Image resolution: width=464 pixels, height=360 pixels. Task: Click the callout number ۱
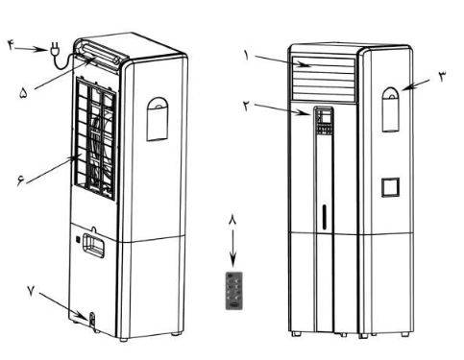click(246, 56)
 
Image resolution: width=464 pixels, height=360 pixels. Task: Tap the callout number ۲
click(246, 106)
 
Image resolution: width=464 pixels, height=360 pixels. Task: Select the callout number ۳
click(442, 77)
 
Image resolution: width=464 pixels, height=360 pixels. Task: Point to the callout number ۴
click(11, 45)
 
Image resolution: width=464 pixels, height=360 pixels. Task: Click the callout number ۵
click(23, 93)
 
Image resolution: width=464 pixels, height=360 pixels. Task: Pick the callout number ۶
click(20, 181)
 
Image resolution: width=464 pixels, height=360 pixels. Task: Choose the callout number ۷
click(31, 291)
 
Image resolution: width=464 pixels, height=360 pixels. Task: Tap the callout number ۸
click(232, 220)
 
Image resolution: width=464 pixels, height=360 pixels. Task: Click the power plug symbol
click(53, 52)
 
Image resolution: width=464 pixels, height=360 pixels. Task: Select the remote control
click(234, 291)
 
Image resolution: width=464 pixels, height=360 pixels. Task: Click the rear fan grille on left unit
click(95, 137)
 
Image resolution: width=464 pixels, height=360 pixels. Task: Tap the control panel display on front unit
click(325, 121)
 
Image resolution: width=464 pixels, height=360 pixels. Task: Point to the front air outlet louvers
click(324, 80)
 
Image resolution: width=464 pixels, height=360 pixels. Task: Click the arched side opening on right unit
click(391, 109)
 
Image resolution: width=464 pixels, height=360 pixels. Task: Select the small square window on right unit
click(390, 187)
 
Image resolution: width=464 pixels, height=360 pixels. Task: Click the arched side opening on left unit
click(158, 119)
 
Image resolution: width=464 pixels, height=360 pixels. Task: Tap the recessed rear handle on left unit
click(93, 245)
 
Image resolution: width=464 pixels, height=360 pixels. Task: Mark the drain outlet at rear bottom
click(92, 319)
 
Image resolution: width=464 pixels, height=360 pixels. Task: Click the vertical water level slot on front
click(325, 217)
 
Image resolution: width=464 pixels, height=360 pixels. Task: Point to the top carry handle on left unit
click(100, 54)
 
